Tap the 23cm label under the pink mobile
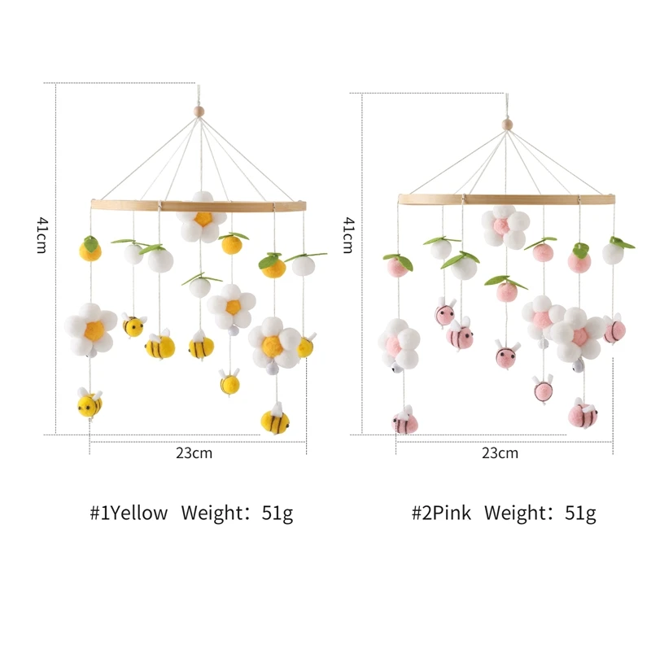500,453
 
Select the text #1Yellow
129,513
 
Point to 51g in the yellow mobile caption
277,513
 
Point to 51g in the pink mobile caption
579,513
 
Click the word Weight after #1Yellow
213,513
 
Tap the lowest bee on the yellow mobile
275,420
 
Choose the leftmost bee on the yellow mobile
90,403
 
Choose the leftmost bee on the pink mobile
404,422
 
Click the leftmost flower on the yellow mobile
90,329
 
